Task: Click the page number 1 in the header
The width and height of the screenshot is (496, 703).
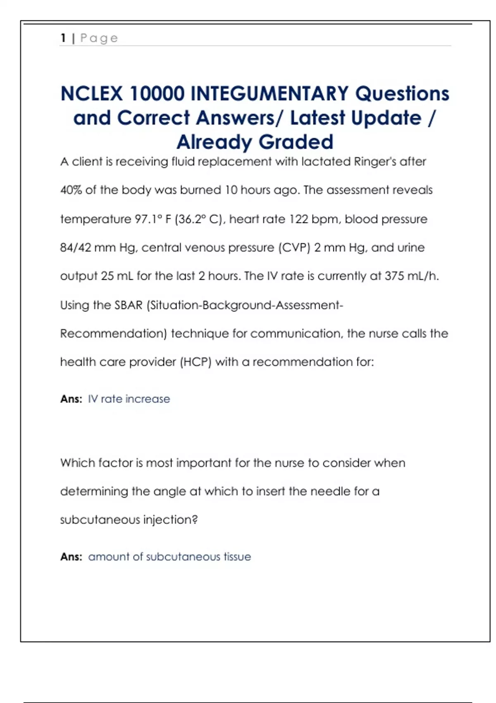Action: click(x=63, y=38)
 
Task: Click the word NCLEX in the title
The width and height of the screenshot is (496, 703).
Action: click(x=91, y=93)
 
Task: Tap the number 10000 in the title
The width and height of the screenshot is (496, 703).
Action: click(x=157, y=93)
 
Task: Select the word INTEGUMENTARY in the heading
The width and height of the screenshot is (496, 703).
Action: click(x=269, y=93)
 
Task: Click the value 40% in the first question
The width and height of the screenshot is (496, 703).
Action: click(x=71, y=190)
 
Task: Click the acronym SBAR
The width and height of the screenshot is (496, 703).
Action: click(x=128, y=305)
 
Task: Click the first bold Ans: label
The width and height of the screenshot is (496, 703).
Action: click(x=71, y=399)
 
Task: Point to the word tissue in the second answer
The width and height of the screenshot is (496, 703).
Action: click(x=237, y=557)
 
